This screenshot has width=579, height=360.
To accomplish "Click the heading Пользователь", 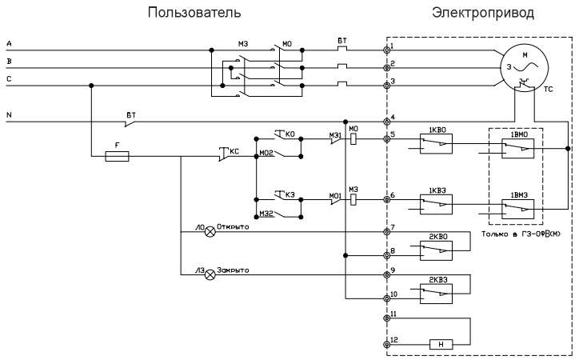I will tap(192, 14).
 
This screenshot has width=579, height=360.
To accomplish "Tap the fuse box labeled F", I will tap(118, 157).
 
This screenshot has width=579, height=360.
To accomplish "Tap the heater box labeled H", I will tap(442, 345).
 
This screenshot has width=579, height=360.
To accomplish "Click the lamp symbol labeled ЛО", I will tap(211, 232).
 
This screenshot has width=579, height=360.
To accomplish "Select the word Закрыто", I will tap(234, 270).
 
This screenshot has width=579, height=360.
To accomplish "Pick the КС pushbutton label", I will tap(234, 149).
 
